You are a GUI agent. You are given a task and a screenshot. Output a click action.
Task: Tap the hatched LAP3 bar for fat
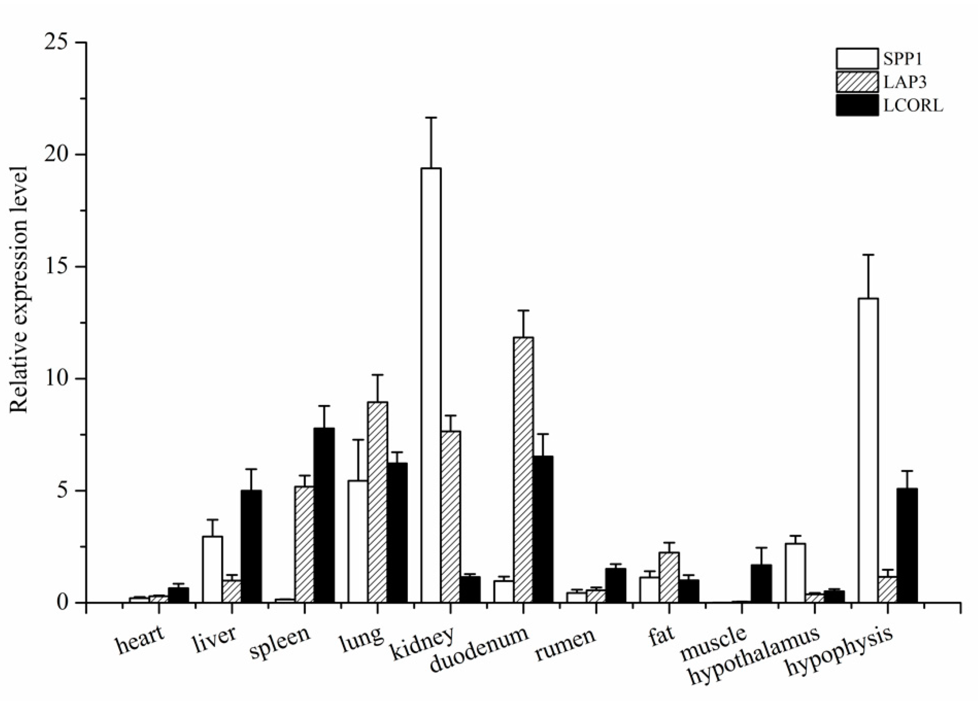[x=669, y=577]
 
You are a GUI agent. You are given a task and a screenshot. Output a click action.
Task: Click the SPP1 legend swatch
[x=857, y=59]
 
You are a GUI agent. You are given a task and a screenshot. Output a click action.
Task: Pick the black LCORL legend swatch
[x=857, y=105]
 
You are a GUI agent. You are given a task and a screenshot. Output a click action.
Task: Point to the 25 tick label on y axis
[x=58, y=43]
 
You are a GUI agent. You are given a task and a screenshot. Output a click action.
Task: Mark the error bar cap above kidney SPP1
[x=431, y=117]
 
